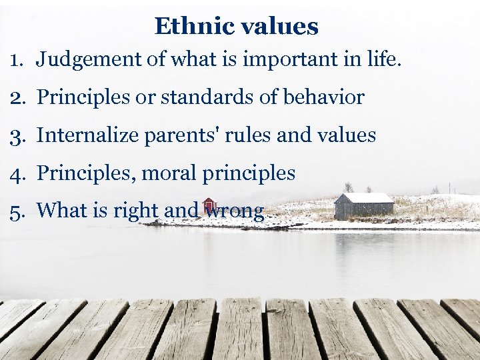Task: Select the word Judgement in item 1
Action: click(89, 59)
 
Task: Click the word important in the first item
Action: click(276, 59)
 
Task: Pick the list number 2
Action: click(17, 97)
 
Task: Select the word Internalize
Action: click(87, 135)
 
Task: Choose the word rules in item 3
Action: click(249, 135)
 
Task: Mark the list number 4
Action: click(17, 173)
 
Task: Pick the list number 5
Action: click(17, 211)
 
